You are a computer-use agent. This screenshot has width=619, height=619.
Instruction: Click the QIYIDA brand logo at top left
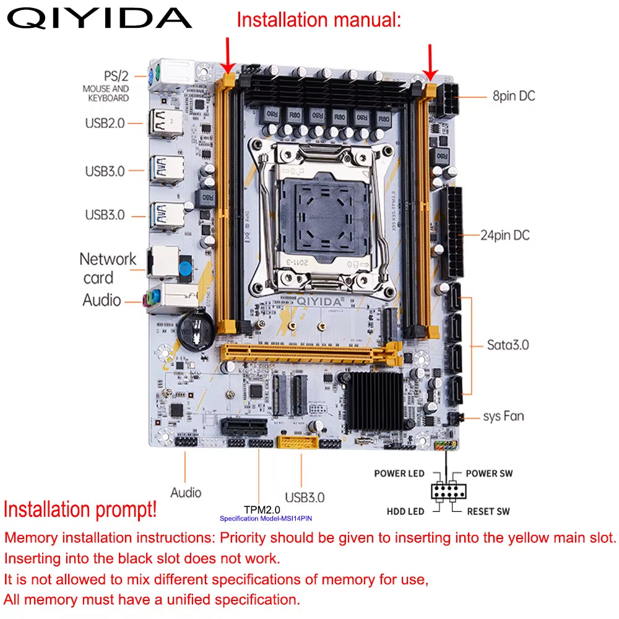99,19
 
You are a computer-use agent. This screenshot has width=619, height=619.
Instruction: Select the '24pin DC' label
505,235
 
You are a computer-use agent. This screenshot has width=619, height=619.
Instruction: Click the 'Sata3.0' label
508,345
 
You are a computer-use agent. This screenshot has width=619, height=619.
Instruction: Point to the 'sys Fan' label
503,416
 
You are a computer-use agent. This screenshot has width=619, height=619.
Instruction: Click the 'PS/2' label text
116,76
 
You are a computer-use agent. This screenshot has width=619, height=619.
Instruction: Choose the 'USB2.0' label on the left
105,123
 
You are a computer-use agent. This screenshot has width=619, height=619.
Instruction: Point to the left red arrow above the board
229,54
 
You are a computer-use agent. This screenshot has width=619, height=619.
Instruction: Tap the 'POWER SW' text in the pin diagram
489,474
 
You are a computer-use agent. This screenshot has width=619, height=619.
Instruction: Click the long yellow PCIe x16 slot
309,355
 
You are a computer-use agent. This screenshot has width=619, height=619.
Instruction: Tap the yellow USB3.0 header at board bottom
298,443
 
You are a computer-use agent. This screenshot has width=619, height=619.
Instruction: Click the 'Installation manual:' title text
319,19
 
